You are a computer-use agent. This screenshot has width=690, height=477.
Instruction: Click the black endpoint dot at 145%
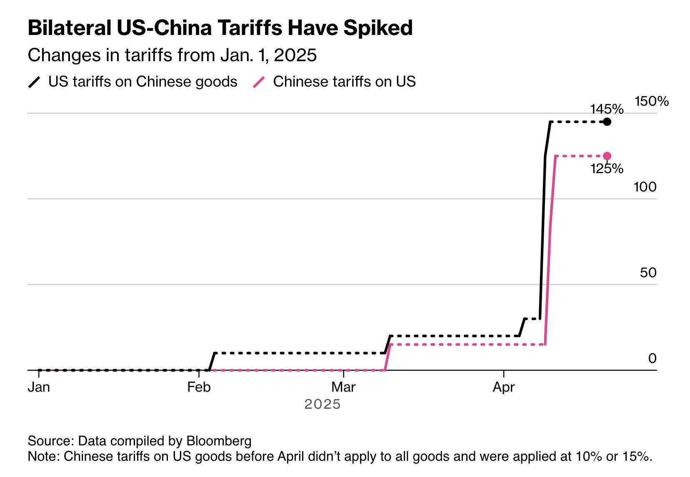click(607, 122)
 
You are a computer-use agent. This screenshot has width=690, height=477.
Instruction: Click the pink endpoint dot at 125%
click(607, 156)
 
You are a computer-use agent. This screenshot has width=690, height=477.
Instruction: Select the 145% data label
click(607, 109)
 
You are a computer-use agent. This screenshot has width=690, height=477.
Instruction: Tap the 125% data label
click(607, 169)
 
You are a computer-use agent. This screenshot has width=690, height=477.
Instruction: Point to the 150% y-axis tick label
click(652, 101)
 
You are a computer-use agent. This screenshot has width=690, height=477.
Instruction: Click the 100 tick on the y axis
click(645, 187)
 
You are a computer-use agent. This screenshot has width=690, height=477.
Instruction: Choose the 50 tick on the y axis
click(648, 273)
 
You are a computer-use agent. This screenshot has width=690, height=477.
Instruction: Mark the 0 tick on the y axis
click(652, 358)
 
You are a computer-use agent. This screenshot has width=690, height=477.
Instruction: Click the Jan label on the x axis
click(39, 387)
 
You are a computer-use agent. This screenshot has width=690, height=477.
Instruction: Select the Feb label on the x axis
click(199, 387)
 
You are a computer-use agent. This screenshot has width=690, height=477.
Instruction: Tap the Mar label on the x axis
click(343, 387)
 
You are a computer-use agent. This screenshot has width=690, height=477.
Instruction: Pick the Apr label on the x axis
click(504, 388)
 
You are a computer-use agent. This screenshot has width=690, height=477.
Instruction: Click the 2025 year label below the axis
click(322, 404)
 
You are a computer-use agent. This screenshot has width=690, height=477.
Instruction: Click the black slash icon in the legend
click(34, 82)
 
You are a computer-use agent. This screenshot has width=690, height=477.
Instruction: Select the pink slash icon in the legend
click(259, 82)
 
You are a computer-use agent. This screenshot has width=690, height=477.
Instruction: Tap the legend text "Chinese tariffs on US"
click(344, 82)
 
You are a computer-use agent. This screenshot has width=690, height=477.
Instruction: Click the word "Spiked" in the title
click(378, 28)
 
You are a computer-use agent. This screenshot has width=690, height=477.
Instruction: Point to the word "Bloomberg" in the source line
click(219, 441)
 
